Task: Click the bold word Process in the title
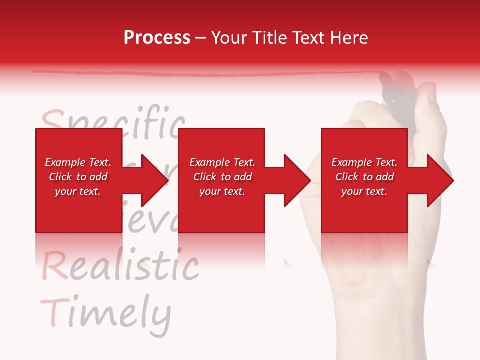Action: tap(157, 38)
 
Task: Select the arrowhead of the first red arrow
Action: tap(154, 180)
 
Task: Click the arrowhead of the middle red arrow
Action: tap(297, 180)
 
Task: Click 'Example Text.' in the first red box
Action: tap(78, 162)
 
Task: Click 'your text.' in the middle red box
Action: tap(222, 191)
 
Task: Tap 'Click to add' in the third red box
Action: tap(364, 177)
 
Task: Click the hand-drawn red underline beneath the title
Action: tap(200, 74)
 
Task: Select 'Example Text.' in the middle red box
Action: tap(222, 162)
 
